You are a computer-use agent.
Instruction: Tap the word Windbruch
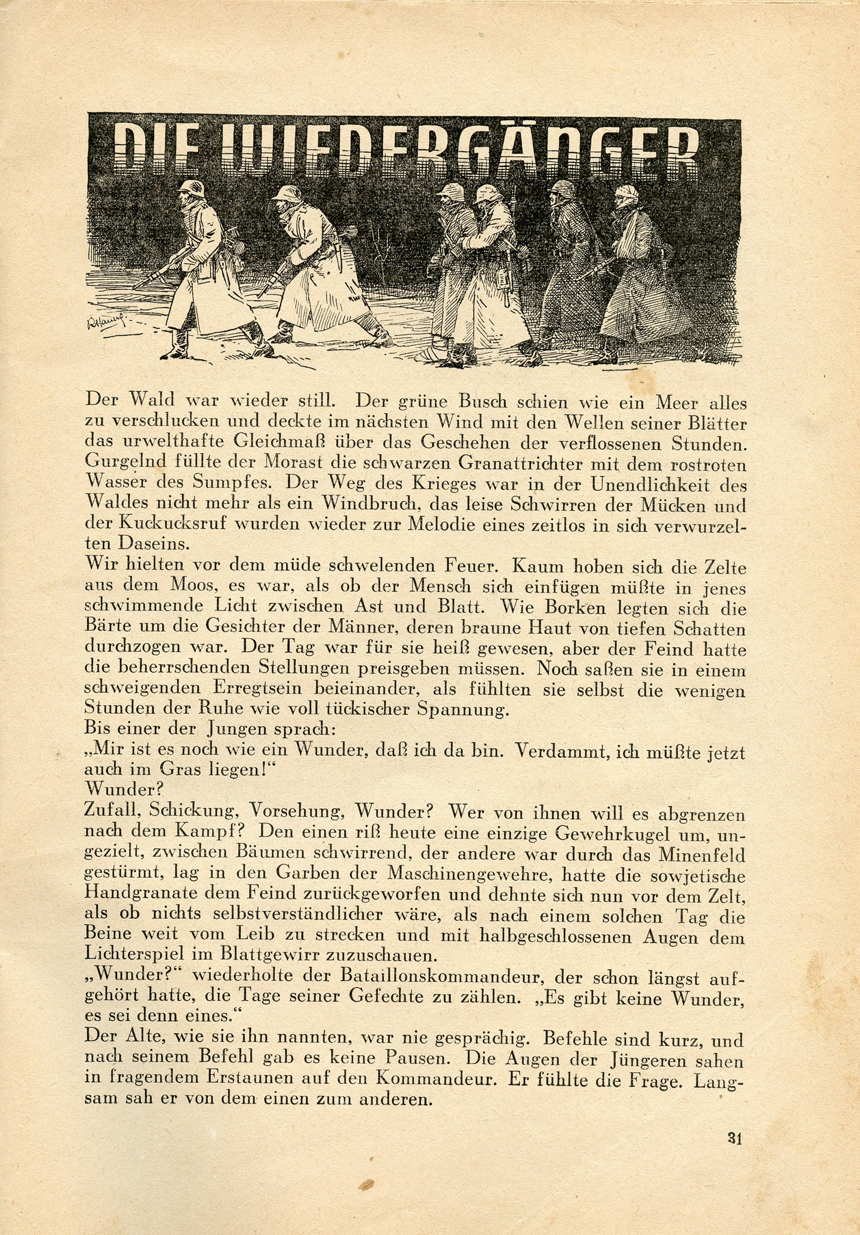[x=366, y=506]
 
